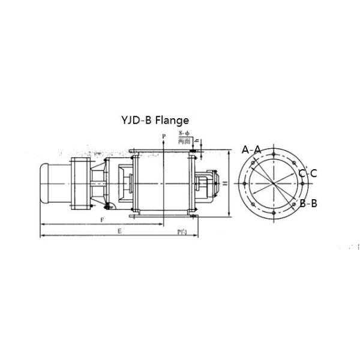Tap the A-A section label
point(251,149)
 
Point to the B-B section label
point(308,203)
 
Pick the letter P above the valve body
point(163,137)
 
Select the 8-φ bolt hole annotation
point(185,133)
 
